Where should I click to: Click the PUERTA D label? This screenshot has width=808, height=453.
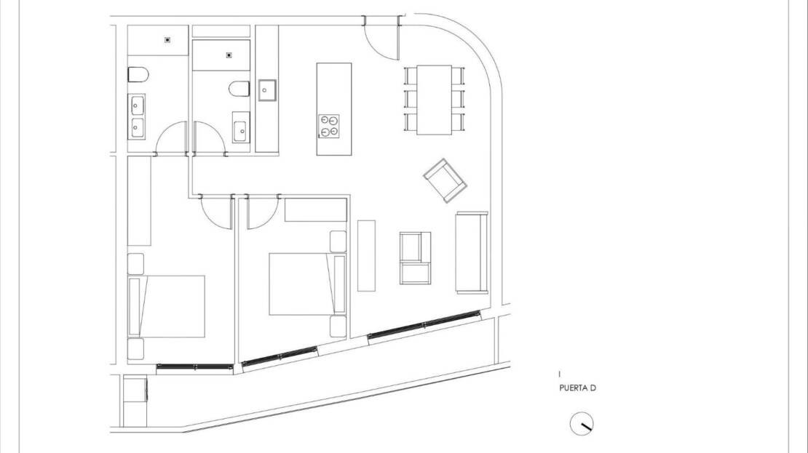(x=577, y=388)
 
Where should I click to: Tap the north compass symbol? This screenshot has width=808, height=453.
(x=582, y=424)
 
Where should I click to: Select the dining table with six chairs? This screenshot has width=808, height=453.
(x=435, y=100)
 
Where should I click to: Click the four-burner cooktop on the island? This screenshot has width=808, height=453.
(x=329, y=126)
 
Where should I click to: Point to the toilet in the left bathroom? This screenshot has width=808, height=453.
(x=138, y=75)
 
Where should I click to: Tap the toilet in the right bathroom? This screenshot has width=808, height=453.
(x=239, y=89)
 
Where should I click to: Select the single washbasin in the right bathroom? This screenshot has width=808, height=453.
(x=241, y=127)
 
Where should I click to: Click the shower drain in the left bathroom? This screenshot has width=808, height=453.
(x=167, y=40)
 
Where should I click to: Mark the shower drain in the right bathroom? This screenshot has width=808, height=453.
(x=229, y=55)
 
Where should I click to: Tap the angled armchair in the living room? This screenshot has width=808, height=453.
(x=445, y=180)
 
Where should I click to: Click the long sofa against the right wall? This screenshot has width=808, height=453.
(x=472, y=253)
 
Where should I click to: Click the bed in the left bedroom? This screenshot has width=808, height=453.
(x=167, y=306)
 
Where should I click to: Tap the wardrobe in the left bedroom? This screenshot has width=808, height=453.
(x=139, y=201)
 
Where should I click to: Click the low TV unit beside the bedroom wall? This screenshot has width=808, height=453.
(x=366, y=255)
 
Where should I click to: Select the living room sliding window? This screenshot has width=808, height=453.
(x=424, y=324)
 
